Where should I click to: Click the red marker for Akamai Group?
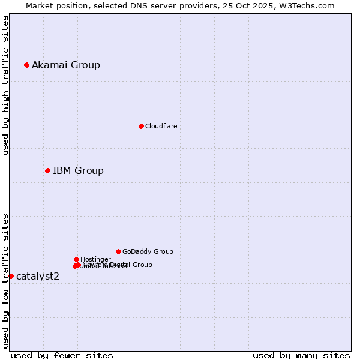click(26, 65)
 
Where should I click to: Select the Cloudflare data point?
click(141, 126)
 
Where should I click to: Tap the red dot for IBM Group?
click(47, 170)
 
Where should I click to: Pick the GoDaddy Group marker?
click(118, 251)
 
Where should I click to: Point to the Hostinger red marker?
click(76, 259)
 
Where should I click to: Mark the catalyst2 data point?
click(11, 276)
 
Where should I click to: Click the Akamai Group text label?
click(66, 65)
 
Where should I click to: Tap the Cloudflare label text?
click(161, 127)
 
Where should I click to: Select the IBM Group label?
click(78, 171)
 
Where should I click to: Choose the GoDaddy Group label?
click(148, 252)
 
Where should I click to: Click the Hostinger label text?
click(95, 259)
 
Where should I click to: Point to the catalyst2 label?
click(38, 277)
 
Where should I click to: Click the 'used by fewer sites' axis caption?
click(62, 355)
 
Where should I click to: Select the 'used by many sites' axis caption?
click(301, 355)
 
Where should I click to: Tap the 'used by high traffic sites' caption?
click(5, 85)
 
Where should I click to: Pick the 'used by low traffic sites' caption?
click(5, 280)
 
